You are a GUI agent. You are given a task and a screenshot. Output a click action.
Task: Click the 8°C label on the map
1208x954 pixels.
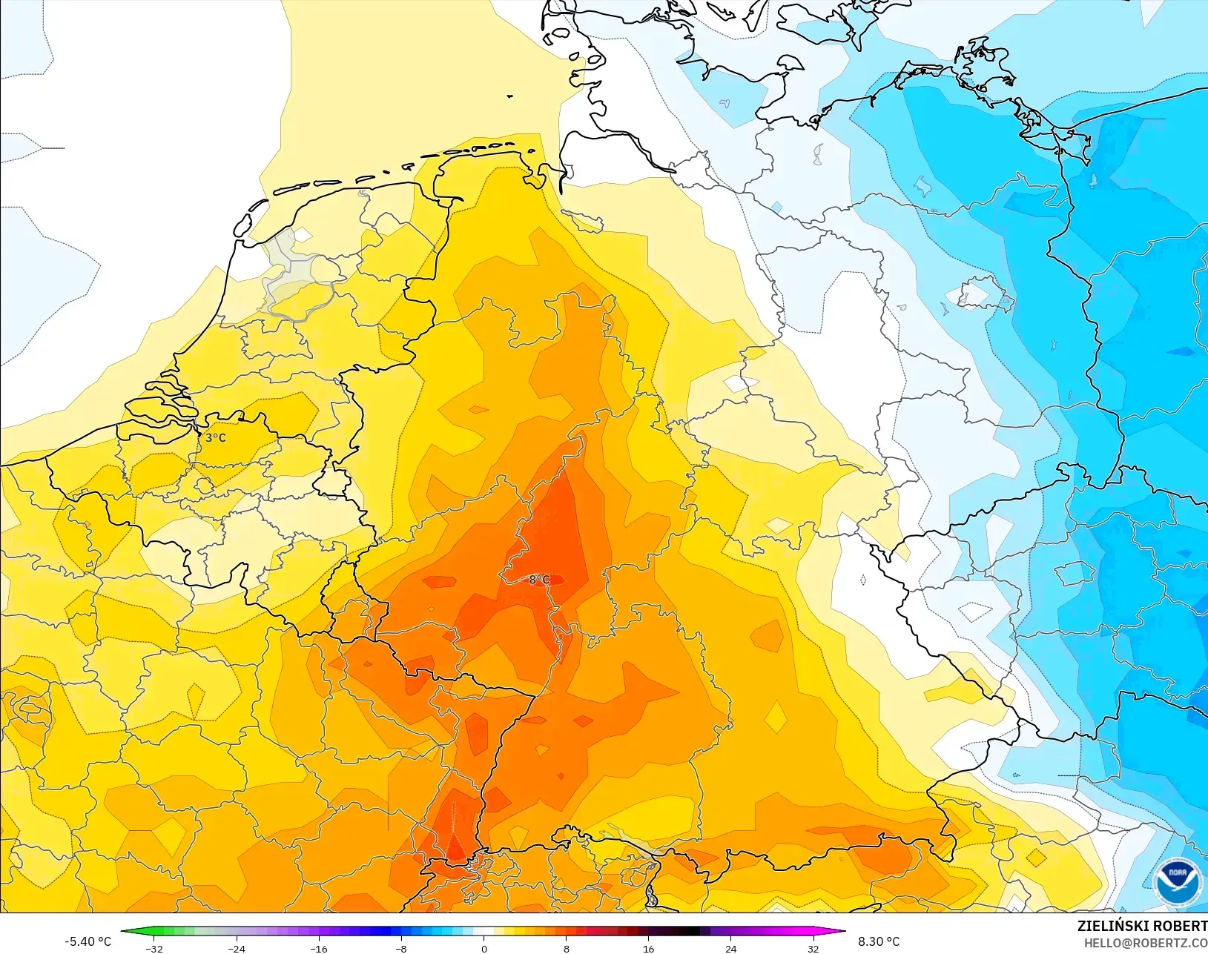point(539,580)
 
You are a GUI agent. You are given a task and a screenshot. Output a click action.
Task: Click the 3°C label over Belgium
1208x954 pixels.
point(216,437)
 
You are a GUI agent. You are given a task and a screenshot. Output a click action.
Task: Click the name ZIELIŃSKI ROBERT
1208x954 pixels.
point(1142,926)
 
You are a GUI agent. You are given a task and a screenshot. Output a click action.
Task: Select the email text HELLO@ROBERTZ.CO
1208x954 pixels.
point(1145,943)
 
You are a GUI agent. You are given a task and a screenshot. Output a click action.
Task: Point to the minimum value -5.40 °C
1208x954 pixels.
point(88,941)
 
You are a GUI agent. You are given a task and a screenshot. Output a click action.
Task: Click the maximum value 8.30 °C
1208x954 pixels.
point(879,941)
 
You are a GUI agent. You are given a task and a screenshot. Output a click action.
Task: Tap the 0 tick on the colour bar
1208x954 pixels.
point(484,948)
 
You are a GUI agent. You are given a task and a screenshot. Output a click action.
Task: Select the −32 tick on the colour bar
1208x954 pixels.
point(154,948)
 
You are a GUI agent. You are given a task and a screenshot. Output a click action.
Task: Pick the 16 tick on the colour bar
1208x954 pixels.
point(649,948)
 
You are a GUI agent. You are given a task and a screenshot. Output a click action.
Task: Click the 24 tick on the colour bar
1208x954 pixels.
point(731,948)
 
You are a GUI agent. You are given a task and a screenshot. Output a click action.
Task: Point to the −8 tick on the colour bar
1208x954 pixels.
point(401,948)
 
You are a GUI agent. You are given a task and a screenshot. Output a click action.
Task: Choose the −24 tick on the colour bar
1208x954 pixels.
point(237,948)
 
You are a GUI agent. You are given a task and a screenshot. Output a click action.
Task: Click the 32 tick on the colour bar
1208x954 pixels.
point(813,948)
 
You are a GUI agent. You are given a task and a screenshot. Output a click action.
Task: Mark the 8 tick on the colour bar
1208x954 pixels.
point(567,948)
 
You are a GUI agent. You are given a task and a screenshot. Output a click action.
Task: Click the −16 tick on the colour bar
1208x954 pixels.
point(319,948)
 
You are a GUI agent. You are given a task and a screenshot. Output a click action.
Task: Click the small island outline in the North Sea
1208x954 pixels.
point(510,96)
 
